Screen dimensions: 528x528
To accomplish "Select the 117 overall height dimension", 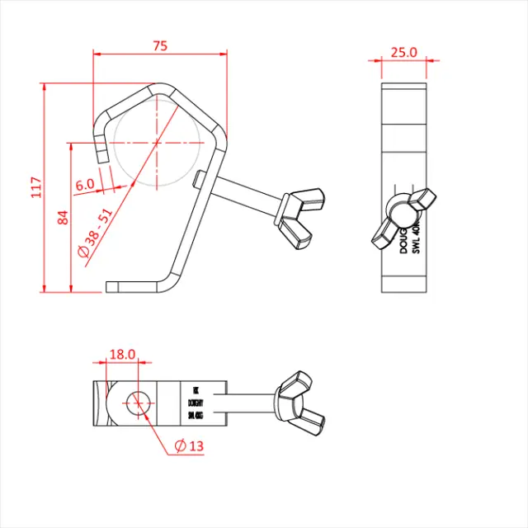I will (35, 187).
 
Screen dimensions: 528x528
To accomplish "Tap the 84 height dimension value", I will (62, 217).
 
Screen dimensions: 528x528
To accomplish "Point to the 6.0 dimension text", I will (85, 186).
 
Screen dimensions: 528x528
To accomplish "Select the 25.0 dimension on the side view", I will (403, 52).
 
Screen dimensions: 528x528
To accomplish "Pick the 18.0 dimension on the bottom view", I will (122, 354).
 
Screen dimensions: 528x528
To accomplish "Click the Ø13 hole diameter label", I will (190, 445).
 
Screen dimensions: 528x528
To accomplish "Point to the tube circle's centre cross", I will (155, 143).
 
